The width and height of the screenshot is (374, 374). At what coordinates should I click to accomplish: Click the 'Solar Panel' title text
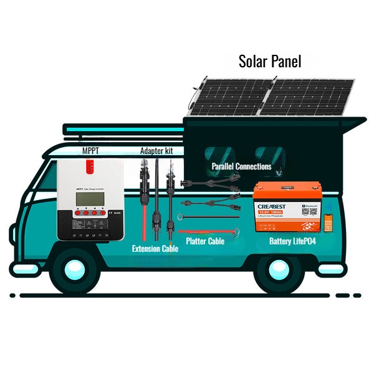tap(270, 62)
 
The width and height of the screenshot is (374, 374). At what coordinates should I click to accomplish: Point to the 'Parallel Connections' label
tap(241, 166)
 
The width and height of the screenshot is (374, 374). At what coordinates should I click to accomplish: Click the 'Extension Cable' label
tap(155, 248)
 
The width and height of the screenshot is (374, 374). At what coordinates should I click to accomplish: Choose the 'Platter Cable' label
tap(205, 241)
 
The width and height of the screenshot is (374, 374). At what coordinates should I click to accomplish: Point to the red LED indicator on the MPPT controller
tap(90, 167)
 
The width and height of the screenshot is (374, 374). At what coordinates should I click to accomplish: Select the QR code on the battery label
tap(307, 210)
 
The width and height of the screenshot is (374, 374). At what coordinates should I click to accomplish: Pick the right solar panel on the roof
tap(305, 97)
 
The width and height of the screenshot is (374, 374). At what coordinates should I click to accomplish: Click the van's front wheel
tap(75, 269)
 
